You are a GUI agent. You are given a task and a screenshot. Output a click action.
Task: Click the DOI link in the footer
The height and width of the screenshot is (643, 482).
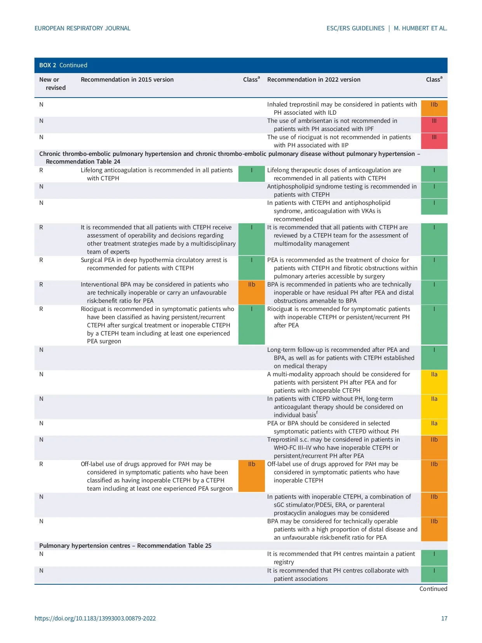(95, 618)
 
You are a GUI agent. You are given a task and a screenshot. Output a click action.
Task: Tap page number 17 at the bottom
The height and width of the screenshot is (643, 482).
(444, 618)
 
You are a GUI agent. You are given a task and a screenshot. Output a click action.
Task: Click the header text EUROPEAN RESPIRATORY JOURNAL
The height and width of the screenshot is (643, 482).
(82, 28)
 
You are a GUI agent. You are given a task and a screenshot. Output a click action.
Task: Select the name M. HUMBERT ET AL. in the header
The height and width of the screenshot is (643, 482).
(420, 28)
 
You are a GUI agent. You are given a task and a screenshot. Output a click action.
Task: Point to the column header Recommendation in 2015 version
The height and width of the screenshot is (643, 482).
(127, 80)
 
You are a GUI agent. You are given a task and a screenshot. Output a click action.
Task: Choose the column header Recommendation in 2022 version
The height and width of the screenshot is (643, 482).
(313, 80)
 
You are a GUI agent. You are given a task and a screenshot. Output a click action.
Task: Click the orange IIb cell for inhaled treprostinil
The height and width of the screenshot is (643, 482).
(434, 108)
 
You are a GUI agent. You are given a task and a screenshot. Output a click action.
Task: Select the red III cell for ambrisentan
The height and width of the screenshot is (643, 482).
(434, 125)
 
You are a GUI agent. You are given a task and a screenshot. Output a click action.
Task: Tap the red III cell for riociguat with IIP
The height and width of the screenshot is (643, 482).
(434, 141)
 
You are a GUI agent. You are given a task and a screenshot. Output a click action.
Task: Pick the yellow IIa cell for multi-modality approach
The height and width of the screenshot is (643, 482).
(434, 382)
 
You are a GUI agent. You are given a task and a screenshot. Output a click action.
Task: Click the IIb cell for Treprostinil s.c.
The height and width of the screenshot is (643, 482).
(434, 447)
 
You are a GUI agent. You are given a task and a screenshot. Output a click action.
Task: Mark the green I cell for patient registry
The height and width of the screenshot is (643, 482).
(434, 558)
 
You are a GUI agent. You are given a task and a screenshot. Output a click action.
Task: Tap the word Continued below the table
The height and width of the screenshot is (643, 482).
(433, 589)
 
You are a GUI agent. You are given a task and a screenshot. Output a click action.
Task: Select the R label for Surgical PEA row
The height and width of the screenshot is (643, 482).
(41, 260)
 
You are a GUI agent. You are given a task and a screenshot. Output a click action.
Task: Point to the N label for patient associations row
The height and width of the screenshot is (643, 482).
(41, 571)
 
